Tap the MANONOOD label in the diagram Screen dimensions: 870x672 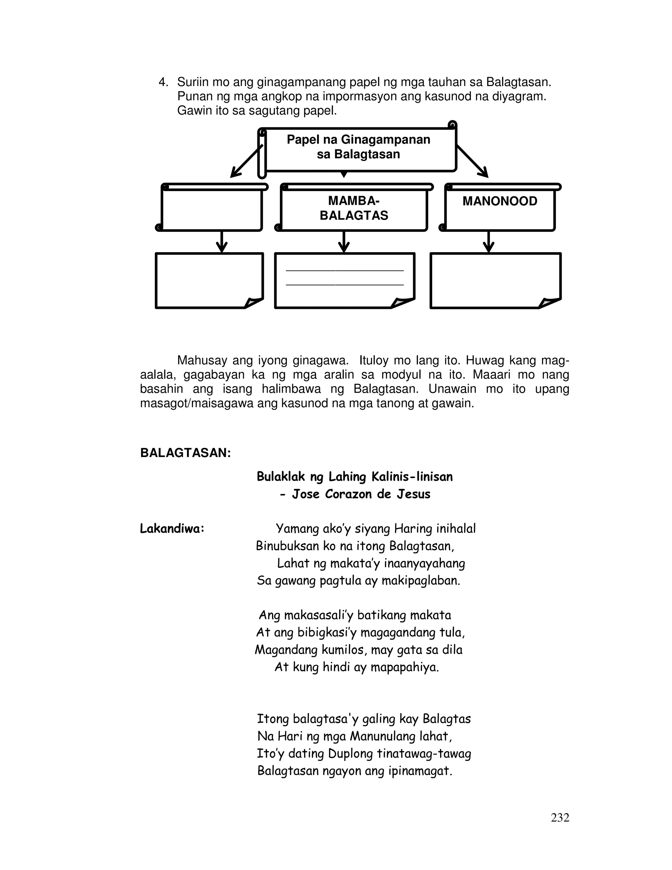pos(500,201)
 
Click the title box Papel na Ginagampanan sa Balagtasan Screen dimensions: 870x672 pos(358,147)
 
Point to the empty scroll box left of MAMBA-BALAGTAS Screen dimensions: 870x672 pos(212,209)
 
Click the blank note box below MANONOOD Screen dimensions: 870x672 pos(495,280)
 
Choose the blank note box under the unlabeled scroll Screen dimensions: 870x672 pos(209,280)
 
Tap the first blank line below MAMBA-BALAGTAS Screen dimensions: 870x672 pos(345,271)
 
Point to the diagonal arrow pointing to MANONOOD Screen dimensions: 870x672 pos(472,161)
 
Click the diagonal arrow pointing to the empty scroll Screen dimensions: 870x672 pos(246,161)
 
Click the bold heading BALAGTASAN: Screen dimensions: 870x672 pos(185,453)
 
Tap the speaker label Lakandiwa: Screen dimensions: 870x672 pos(172,529)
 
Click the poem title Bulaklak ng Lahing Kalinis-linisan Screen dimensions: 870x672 pos(355,476)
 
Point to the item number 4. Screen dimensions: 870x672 pos(163,82)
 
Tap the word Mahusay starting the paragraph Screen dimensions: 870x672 pos(202,360)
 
